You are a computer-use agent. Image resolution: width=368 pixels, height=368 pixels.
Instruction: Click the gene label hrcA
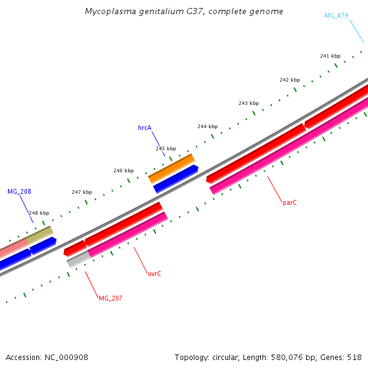click(145, 128)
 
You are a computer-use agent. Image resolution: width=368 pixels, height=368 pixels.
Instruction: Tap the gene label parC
click(289, 202)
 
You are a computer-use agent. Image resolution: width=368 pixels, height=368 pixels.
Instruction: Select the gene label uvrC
click(154, 274)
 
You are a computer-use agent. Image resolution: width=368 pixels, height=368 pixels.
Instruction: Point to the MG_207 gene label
click(110, 298)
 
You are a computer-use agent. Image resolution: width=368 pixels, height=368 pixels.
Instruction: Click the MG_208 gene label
click(19, 191)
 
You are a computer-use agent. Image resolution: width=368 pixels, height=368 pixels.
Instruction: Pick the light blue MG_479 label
click(336, 15)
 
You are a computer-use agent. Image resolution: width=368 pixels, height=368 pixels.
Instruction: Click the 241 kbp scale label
click(330, 56)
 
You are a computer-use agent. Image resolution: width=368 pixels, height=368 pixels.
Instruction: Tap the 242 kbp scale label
click(289, 80)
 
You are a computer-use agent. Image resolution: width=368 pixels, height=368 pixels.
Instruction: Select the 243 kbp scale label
click(248, 103)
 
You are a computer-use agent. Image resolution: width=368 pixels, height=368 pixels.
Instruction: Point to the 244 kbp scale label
click(207, 126)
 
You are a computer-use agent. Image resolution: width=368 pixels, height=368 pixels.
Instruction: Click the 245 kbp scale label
click(166, 148)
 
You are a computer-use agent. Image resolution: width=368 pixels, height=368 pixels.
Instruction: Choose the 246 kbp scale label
click(123, 171)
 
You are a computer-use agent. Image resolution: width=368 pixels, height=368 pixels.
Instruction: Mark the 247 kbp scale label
click(82, 192)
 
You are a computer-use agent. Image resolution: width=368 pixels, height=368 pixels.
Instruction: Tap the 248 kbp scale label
click(39, 213)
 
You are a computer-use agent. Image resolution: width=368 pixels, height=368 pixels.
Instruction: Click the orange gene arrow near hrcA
click(172, 168)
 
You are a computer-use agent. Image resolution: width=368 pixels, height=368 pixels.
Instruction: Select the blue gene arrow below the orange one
click(175, 178)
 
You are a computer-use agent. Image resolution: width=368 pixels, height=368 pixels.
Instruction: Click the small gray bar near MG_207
click(78, 260)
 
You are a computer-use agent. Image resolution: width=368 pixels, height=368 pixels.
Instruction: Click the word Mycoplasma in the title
click(109, 12)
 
